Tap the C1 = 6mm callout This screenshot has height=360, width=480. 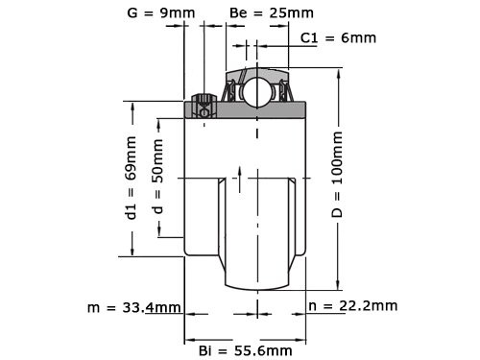click(x=338, y=37)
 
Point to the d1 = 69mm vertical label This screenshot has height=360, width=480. click(x=132, y=179)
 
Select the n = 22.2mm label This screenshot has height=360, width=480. click(x=352, y=306)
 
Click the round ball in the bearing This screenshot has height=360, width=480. click(x=256, y=93)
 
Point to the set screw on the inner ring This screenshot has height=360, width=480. click(x=202, y=107)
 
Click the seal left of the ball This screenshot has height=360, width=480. click(x=231, y=92)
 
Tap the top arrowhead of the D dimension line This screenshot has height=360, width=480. click(x=339, y=72)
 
